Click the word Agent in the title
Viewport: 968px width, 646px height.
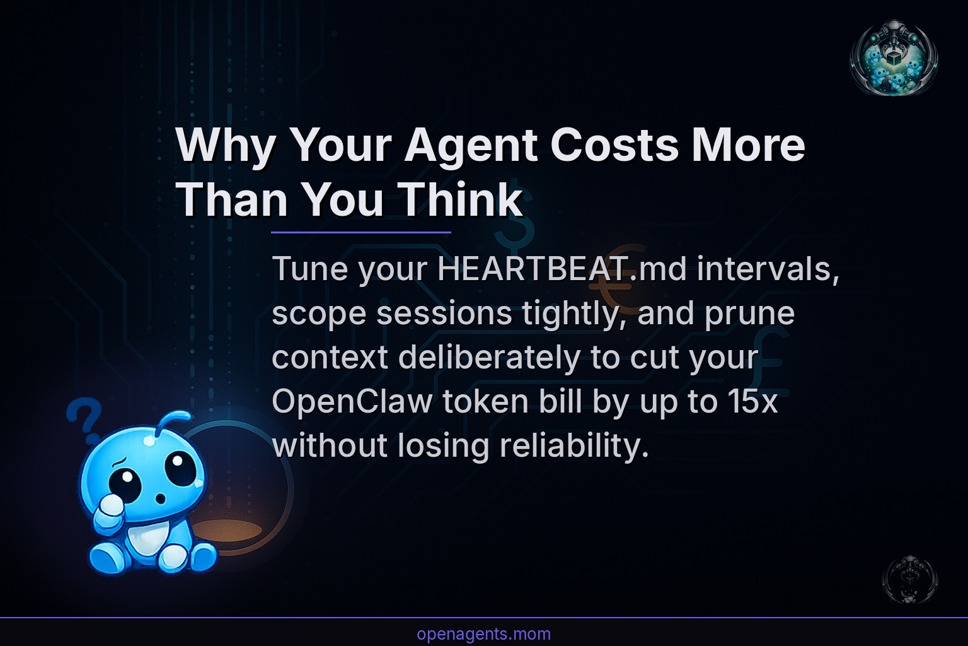tap(471, 146)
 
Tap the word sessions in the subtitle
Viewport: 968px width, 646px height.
tap(444, 314)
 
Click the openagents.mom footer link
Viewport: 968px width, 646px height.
tap(483, 634)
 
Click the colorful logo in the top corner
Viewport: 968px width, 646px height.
tap(894, 57)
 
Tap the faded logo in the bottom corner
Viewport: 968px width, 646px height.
tap(909, 579)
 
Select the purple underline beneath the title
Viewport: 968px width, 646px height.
tap(360, 232)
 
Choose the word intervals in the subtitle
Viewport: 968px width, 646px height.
tap(768, 269)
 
